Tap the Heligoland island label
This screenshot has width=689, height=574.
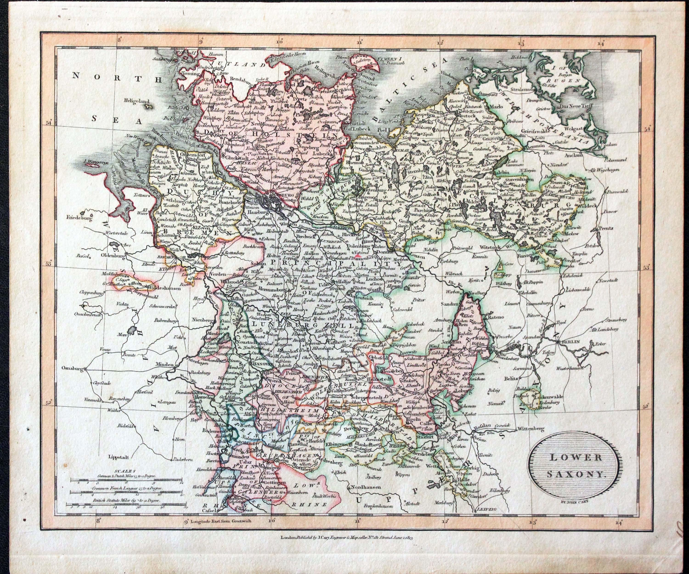click(136, 102)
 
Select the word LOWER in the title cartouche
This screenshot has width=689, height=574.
click(576, 458)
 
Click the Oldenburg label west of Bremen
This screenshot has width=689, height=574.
click(113, 255)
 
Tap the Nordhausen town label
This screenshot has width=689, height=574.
click(363, 487)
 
